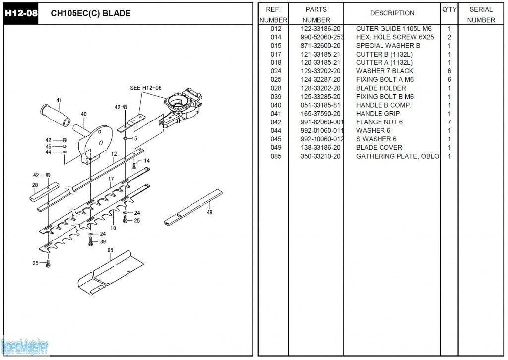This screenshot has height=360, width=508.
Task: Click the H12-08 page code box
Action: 20,13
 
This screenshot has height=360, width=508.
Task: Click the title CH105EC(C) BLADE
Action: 91,13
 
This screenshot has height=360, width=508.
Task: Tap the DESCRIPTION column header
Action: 392,13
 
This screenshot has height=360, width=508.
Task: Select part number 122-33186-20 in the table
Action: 320,29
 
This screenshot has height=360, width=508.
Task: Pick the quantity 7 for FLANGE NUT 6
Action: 449,122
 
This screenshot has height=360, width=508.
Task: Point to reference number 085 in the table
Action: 276,156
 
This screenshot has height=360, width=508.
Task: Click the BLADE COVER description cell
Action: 379,148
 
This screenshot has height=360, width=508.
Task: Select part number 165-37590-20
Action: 320,114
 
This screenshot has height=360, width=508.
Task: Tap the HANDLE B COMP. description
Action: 383,105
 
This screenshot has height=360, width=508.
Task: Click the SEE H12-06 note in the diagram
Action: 146,88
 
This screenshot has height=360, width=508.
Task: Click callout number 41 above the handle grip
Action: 59,101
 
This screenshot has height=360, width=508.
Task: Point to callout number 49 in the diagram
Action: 209,212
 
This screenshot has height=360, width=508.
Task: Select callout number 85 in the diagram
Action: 110,250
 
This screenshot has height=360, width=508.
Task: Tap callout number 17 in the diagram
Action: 111,179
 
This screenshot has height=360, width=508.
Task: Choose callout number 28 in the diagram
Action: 35,185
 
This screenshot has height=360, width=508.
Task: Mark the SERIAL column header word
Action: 481,9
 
